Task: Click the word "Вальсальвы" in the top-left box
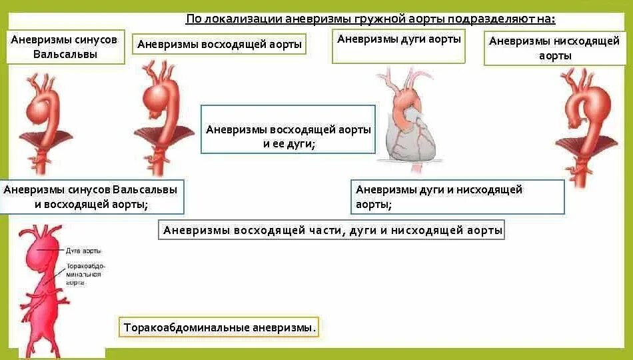click(65, 53)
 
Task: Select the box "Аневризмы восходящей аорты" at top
click(219, 45)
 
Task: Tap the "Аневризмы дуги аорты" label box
click(398, 39)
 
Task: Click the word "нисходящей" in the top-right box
click(587, 41)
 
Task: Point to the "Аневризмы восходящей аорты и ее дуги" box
click(288, 136)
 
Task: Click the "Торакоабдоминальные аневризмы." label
click(219, 327)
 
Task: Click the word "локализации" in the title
click(247, 19)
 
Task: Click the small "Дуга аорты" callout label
click(84, 251)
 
